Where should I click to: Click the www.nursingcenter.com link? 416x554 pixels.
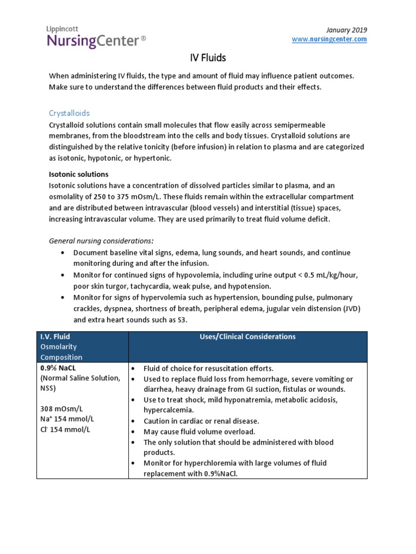(x=329, y=39)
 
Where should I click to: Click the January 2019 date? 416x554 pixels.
(x=348, y=29)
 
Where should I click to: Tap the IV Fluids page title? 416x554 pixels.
(x=207, y=57)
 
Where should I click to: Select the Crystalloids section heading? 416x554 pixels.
(x=69, y=113)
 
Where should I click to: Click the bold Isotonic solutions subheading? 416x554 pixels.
(x=79, y=174)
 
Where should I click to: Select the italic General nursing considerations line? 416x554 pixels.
(x=101, y=240)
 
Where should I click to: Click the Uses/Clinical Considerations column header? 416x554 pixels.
(x=248, y=337)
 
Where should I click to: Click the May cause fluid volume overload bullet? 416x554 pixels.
(x=199, y=431)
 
